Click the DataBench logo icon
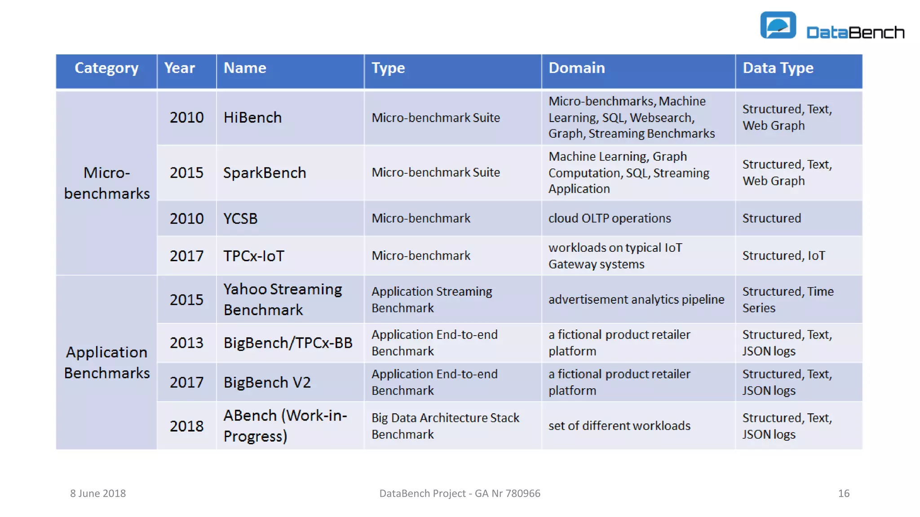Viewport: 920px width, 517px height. point(778,25)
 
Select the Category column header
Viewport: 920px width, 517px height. point(106,68)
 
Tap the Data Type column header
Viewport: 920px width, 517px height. point(778,68)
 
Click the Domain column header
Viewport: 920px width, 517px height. point(576,68)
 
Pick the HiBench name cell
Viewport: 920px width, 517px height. point(252,118)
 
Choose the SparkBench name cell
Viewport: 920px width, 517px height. point(265,173)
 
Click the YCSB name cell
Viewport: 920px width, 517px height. point(240,219)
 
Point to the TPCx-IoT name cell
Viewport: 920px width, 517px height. point(254,256)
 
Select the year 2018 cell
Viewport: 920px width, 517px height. point(186,426)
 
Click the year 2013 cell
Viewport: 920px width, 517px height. point(186,343)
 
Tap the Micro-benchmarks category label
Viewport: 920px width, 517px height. point(106,183)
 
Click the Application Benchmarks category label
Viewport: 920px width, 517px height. point(106,363)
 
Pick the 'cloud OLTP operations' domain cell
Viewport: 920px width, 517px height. point(610,219)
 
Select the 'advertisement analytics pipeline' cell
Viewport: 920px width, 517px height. point(636,299)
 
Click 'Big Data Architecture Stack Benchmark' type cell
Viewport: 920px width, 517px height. point(445,426)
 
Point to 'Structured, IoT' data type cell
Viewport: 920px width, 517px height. point(783,256)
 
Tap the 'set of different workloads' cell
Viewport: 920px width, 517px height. point(619,426)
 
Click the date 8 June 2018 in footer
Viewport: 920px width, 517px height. point(98,494)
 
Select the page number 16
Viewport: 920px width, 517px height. point(844,494)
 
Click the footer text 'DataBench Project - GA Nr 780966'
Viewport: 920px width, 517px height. point(460,494)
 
